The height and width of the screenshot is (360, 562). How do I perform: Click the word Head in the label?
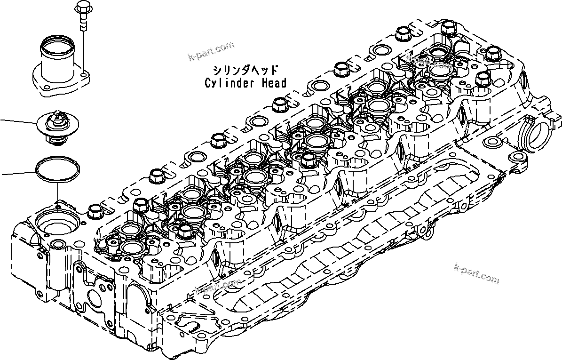tap(274, 83)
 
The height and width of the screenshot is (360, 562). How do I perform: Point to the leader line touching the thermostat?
tap(19, 122)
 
